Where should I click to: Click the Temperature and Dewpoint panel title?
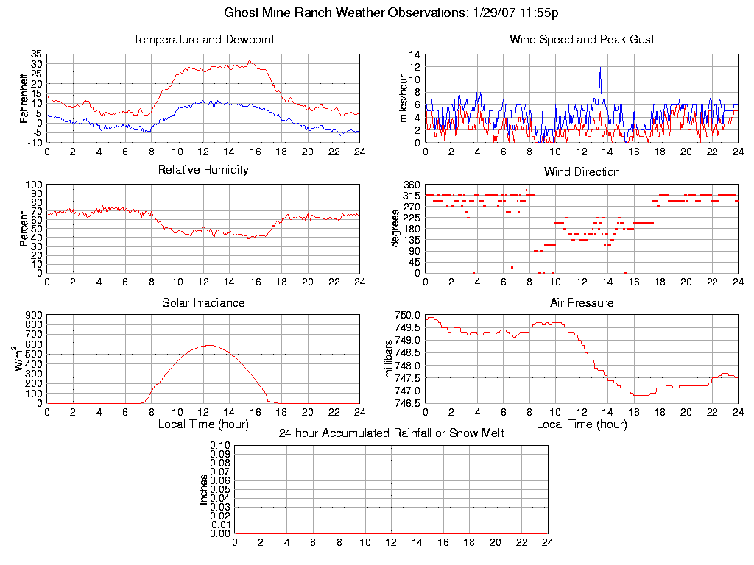point(203,40)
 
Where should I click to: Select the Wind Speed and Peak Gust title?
point(582,40)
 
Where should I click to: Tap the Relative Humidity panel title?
point(203,170)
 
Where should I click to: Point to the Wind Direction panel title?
point(582,171)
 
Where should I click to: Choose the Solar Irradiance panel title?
point(203,302)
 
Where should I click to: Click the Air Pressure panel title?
point(582,302)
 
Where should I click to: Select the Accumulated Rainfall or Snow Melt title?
point(391,433)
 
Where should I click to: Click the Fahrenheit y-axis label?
point(24,98)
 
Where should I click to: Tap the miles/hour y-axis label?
point(403,98)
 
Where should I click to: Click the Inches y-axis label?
point(204,490)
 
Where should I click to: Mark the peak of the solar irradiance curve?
point(210,345)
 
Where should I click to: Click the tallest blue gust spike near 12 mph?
point(600,68)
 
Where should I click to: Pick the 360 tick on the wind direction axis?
point(411,185)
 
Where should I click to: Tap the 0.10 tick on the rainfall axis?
point(220,446)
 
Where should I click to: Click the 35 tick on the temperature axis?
point(37,54)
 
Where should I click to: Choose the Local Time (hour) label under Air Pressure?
point(582,424)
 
